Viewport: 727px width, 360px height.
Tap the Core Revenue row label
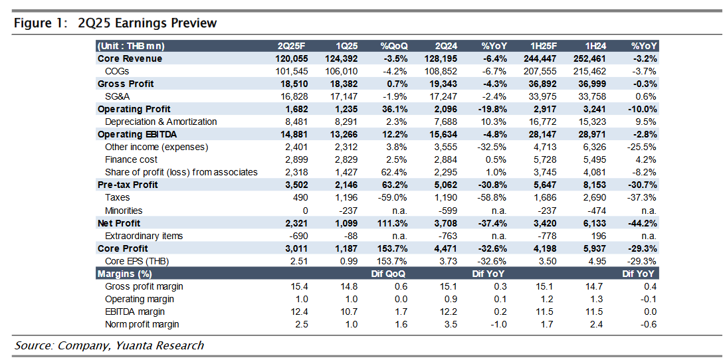coord(130,58)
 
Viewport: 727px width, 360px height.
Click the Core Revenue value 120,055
coord(292,58)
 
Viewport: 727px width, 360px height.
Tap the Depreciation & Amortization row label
coord(161,122)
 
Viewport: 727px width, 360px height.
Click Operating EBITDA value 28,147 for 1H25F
coord(544,134)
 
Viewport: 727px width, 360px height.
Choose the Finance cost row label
coord(131,159)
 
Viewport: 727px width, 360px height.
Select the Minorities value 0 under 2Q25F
coord(304,211)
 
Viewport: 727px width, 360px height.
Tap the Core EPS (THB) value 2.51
coord(299,261)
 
